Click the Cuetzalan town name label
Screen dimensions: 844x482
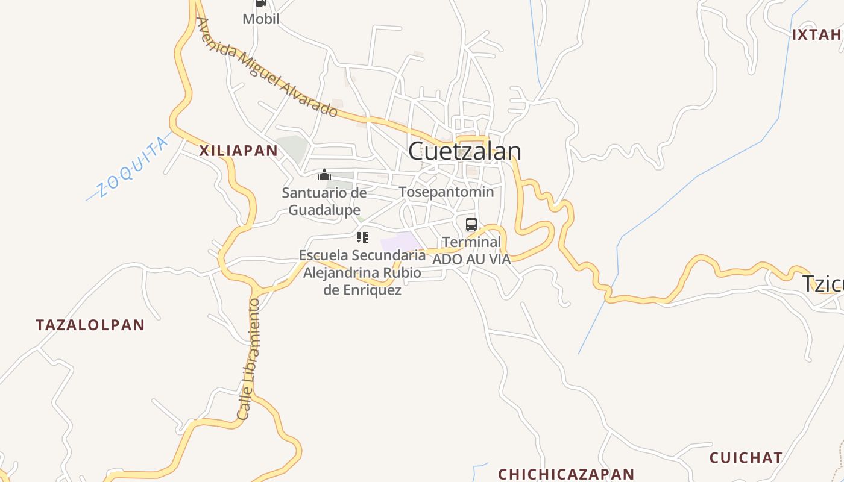pyautogui.click(x=464, y=151)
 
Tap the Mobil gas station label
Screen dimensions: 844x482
pyautogui.click(x=260, y=19)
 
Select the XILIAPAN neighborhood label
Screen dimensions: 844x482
pyautogui.click(x=239, y=151)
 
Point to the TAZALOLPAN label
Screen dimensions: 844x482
pyautogui.click(x=90, y=325)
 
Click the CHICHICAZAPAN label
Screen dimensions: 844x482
pyautogui.click(x=566, y=474)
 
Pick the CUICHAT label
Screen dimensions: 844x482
pyautogui.click(x=746, y=458)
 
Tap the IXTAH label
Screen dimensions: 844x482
pyautogui.click(x=817, y=34)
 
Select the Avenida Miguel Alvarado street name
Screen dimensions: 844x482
pyautogui.click(x=267, y=67)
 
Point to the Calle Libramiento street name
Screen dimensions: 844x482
pyautogui.click(x=248, y=359)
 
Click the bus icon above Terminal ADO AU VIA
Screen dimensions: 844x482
pyautogui.click(x=471, y=224)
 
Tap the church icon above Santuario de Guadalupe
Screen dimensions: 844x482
pyautogui.click(x=324, y=175)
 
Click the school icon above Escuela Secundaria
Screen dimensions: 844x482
pyautogui.click(x=362, y=237)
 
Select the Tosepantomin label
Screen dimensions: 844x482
pyautogui.click(x=446, y=192)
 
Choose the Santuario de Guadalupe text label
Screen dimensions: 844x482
pyautogui.click(x=324, y=201)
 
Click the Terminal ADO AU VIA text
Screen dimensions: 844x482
pyautogui.click(x=471, y=251)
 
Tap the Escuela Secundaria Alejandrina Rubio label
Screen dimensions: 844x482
pyautogui.click(x=362, y=272)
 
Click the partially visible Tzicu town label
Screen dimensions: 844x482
pyautogui.click(x=822, y=284)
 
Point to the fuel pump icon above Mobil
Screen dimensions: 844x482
pyautogui.click(x=260, y=3)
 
